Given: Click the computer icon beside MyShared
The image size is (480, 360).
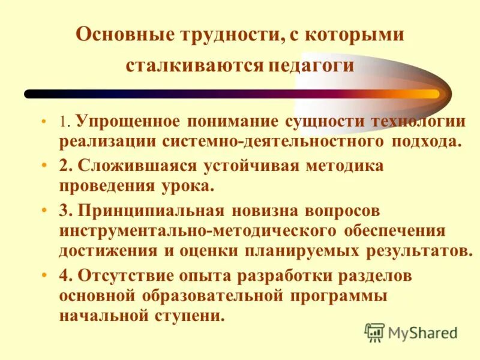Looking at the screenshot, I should [x=374, y=332].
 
